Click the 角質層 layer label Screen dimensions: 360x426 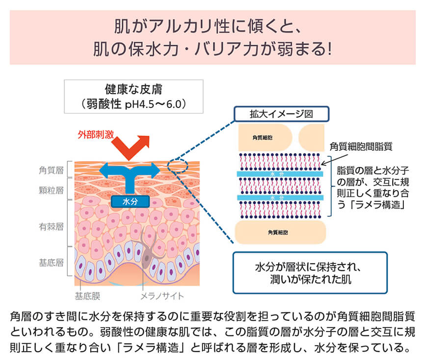point(52,170)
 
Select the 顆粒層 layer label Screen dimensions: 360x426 point(52,190)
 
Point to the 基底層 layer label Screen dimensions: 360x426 point(52,262)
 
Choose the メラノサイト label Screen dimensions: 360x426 point(162,296)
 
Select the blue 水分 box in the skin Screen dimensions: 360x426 point(130,201)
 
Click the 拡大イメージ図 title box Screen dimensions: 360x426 point(281,114)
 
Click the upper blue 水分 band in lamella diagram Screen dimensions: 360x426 point(281,174)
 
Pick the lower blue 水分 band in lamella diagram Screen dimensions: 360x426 point(281,197)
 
